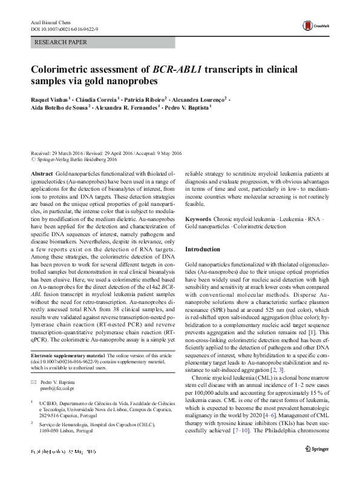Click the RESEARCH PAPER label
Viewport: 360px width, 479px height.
[x=61, y=42]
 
